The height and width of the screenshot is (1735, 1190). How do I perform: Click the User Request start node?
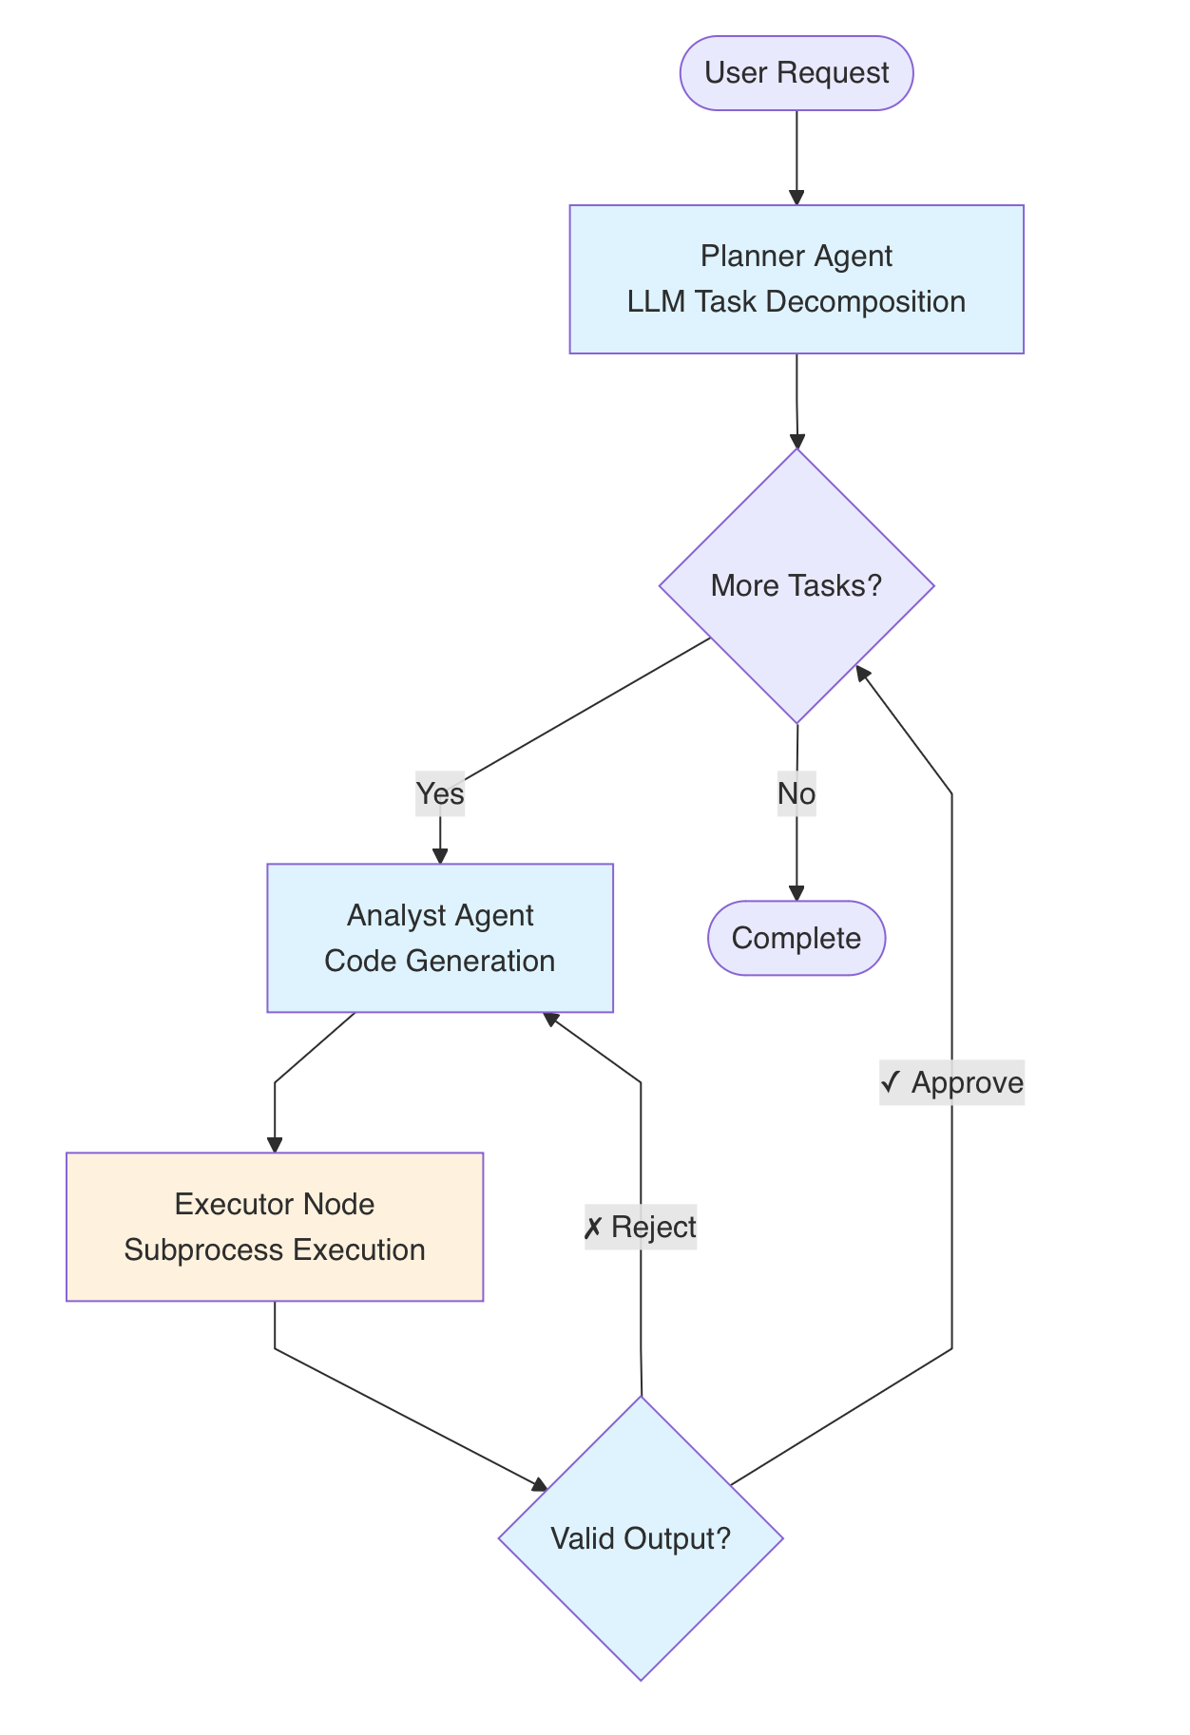[x=796, y=73]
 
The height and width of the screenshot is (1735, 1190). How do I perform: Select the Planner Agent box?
[x=796, y=278]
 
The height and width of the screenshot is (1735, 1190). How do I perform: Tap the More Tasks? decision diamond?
[x=796, y=585]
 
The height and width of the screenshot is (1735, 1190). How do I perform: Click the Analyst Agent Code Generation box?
[x=440, y=937]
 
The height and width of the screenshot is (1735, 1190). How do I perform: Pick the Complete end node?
[x=796, y=938]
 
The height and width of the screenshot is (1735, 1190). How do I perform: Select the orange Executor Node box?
[x=275, y=1226]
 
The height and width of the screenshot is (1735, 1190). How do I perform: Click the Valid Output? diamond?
[x=641, y=1538]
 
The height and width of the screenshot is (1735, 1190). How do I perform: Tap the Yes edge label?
[x=440, y=793]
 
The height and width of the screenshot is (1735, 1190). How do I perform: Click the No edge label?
[x=796, y=793]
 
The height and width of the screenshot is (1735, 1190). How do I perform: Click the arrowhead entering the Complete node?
[x=797, y=894]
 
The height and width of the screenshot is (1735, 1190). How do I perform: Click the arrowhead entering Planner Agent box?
[x=797, y=198]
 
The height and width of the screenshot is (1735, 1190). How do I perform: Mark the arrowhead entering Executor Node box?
[x=275, y=1145]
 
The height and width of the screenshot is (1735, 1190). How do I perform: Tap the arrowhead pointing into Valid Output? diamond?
[x=540, y=1484]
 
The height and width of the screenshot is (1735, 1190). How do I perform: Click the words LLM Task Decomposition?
[x=796, y=302]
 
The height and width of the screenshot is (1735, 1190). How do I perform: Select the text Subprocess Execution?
[x=275, y=1249]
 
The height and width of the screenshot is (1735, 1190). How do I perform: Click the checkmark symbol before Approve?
[x=892, y=1082]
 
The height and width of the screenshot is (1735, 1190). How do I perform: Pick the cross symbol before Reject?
[x=593, y=1228]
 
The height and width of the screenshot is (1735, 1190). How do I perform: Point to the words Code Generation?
[x=440, y=961]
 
